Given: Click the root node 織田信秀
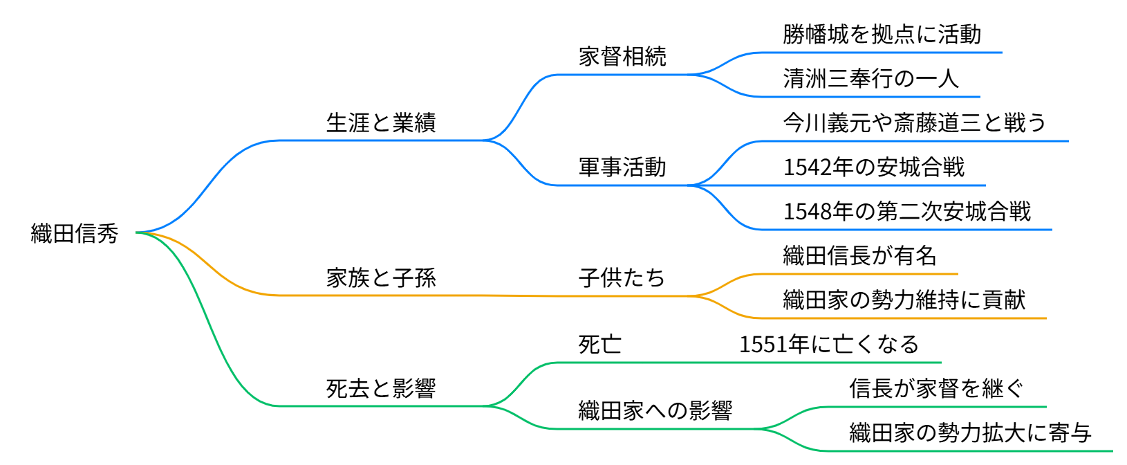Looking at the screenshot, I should (75, 233).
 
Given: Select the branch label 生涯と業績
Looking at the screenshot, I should (381, 123).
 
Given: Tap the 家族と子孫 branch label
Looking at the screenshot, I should (381, 278).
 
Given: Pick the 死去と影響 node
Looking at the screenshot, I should (381, 389).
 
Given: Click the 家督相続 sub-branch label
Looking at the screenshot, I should (622, 57).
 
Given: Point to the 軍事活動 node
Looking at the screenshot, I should (622, 167).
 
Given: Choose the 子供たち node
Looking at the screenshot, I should (622, 278).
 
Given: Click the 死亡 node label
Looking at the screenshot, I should (599, 345).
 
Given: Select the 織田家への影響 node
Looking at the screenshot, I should (655, 411).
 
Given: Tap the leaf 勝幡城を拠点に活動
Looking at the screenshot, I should (882, 35).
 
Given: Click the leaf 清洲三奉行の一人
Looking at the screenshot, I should (870, 79).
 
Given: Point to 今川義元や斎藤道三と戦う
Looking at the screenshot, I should (914, 123).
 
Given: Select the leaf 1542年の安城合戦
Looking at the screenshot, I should (873, 167).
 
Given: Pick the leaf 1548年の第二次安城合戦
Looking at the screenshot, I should (906, 212).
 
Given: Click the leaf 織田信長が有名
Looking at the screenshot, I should (859, 256).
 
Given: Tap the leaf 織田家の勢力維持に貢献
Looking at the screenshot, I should (904, 300).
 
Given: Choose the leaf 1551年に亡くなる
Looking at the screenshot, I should (829, 345).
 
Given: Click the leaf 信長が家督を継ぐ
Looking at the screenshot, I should (936, 389).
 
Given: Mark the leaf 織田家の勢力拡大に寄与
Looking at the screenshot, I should (970, 433).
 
